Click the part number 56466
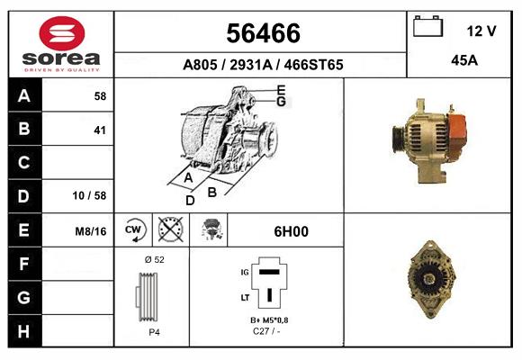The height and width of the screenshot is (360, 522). [x=262, y=33]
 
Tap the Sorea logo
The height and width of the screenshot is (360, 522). [x=61, y=43]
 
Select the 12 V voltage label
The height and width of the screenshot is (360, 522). [x=481, y=31]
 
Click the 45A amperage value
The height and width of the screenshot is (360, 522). [x=463, y=60]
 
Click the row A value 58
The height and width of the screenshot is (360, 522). [x=100, y=95]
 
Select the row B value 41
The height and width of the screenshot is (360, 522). [x=100, y=130]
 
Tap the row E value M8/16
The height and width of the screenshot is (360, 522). [x=92, y=231]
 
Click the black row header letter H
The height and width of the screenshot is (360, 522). [x=24, y=330]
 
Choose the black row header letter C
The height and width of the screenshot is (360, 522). [x=24, y=163]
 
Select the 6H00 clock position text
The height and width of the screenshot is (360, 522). [x=292, y=231]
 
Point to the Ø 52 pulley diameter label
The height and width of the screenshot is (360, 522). [x=153, y=259]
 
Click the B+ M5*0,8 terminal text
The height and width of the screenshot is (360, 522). [x=269, y=320]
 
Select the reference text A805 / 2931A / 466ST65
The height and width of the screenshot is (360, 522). [x=263, y=65]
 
